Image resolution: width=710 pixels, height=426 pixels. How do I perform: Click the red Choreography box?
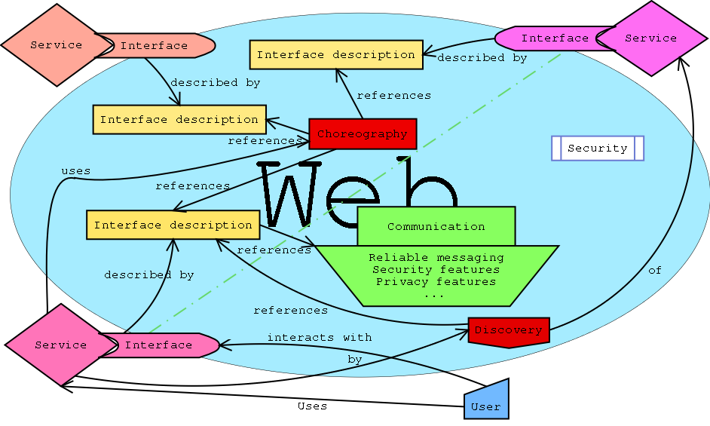pos(363,134)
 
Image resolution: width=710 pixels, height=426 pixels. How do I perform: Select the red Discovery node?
pos(509,332)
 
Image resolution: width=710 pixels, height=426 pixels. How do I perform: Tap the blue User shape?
pos(486,399)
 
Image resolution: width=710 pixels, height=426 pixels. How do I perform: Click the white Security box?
pos(598,149)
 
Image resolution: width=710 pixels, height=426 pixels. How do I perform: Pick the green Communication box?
pos(436,226)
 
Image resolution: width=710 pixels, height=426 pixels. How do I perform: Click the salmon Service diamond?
pos(57,45)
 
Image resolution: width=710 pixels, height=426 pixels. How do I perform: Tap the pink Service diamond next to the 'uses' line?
pos(61,345)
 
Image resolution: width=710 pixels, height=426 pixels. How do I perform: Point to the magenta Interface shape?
pos(553,38)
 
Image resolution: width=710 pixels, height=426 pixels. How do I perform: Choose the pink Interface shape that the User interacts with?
pos(159,345)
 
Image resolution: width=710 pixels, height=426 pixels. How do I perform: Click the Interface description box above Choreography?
pos(336,55)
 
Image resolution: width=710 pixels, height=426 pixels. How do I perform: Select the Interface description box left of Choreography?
pos(179,120)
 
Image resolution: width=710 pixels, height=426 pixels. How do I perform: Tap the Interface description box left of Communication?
pos(173,225)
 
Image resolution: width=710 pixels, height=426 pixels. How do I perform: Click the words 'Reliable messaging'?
pos(436,257)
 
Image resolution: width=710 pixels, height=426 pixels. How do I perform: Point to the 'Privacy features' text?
pos(436,281)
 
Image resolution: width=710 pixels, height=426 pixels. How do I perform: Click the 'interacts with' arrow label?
pos(320,337)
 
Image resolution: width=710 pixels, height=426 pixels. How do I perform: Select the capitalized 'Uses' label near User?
pos(313,406)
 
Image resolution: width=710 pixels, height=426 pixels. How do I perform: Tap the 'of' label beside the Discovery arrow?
pos(655,270)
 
